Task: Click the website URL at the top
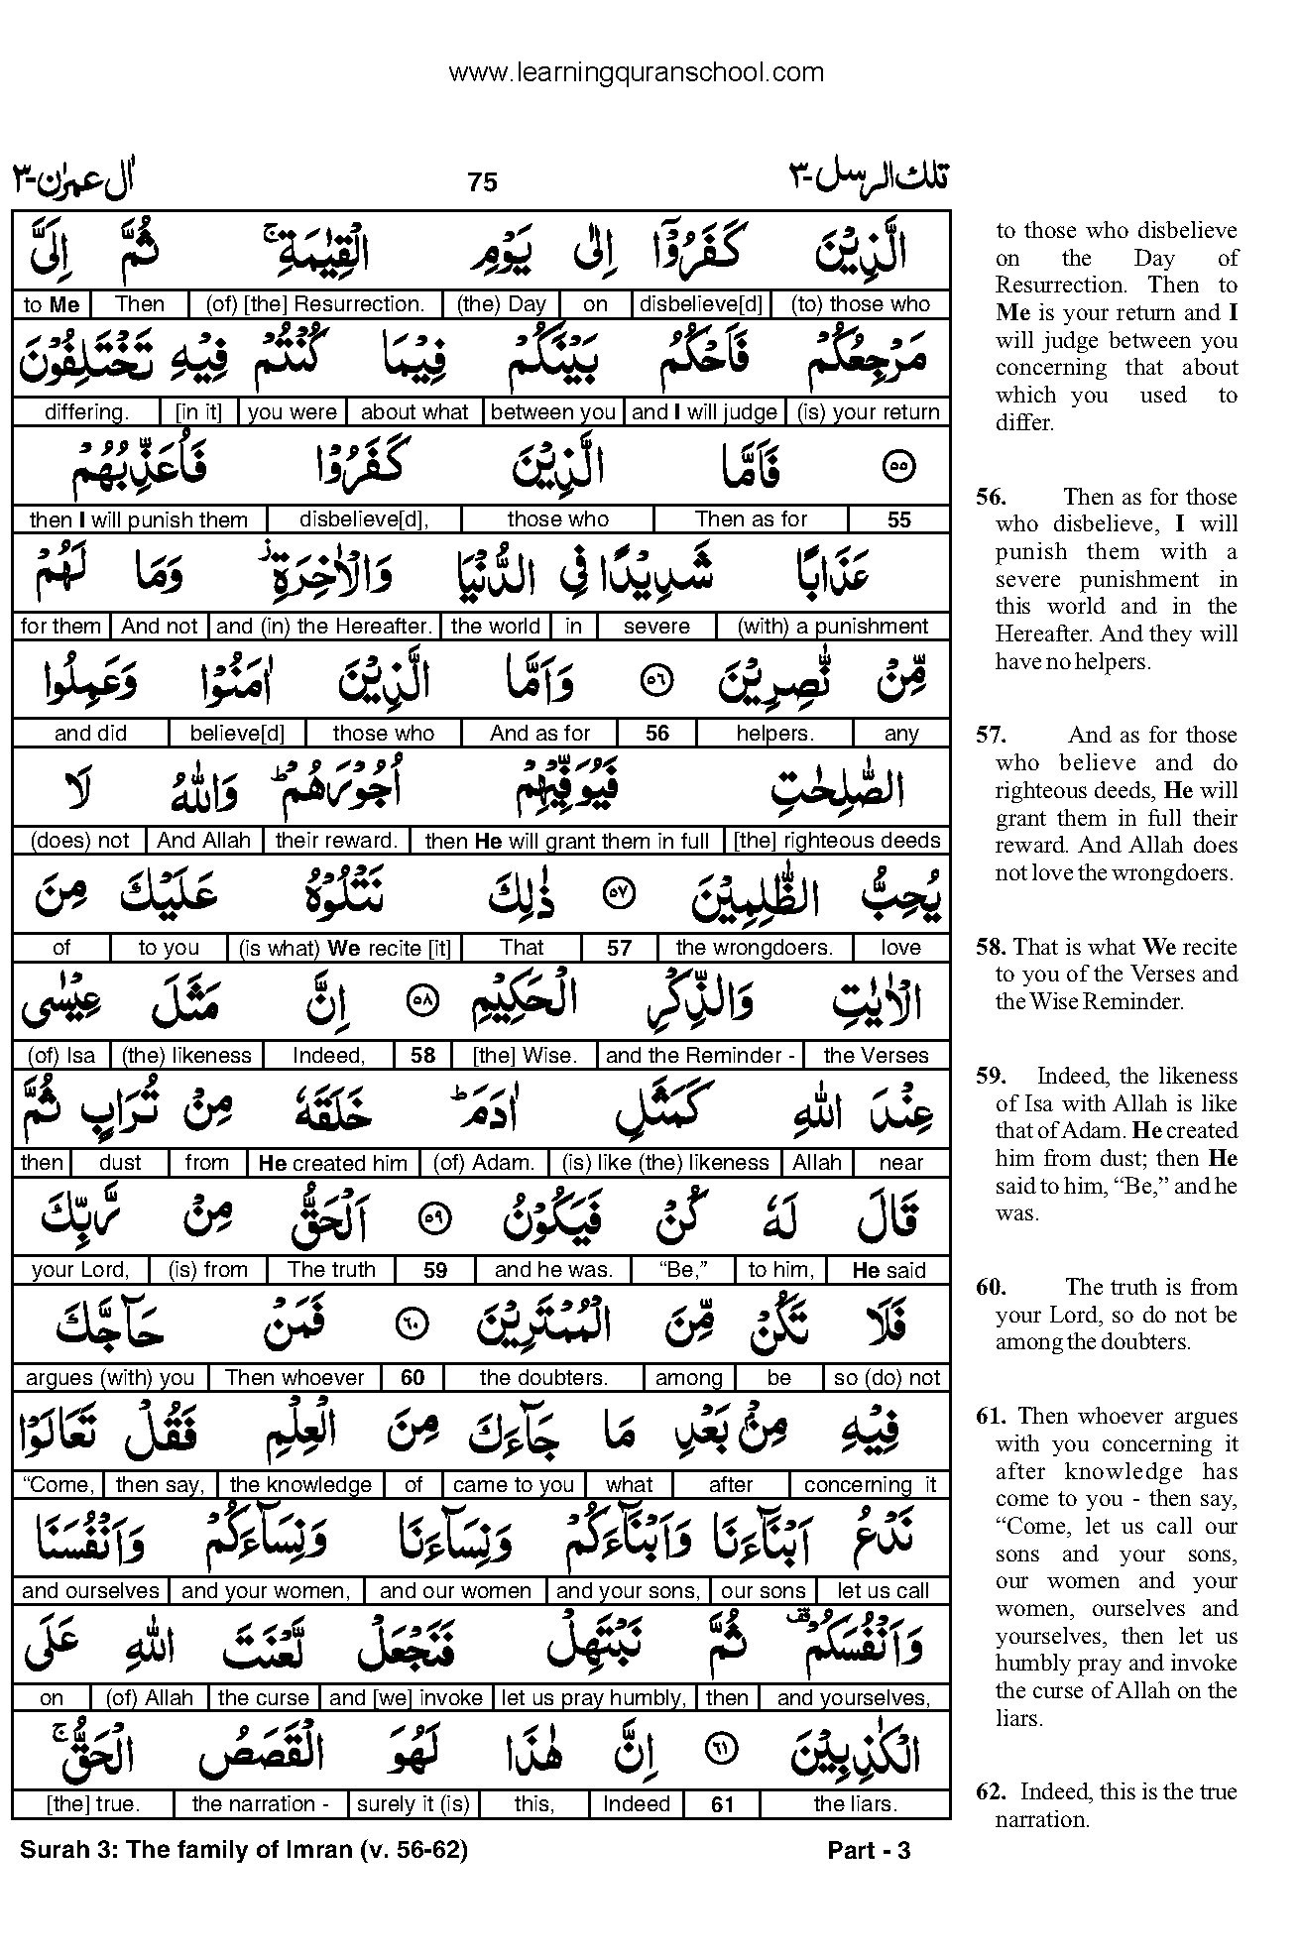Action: tap(636, 72)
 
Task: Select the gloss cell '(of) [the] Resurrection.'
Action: tap(314, 304)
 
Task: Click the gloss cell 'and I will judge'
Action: tap(704, 412)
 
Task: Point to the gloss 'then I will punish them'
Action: tap(138, 519)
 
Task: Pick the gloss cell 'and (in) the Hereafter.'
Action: tap(324, 627)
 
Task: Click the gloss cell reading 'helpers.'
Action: tap(774, 734)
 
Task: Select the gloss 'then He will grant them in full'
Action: tap(566, 841)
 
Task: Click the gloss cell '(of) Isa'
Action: tap(61, 1056)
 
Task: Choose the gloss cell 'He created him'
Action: tap(332, 1163)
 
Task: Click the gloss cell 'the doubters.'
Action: tap(543, 1378)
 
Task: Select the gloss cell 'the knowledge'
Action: tap(300, 1485)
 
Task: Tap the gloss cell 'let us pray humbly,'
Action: tap(594, 1698)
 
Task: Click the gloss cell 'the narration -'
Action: tap(261, 1804)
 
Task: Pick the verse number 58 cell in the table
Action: tap(423, 1056)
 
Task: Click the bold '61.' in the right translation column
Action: tap(993, 1417)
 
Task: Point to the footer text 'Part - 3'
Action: tap(869, 1850)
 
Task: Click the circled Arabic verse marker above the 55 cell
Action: tap(898, 466)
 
